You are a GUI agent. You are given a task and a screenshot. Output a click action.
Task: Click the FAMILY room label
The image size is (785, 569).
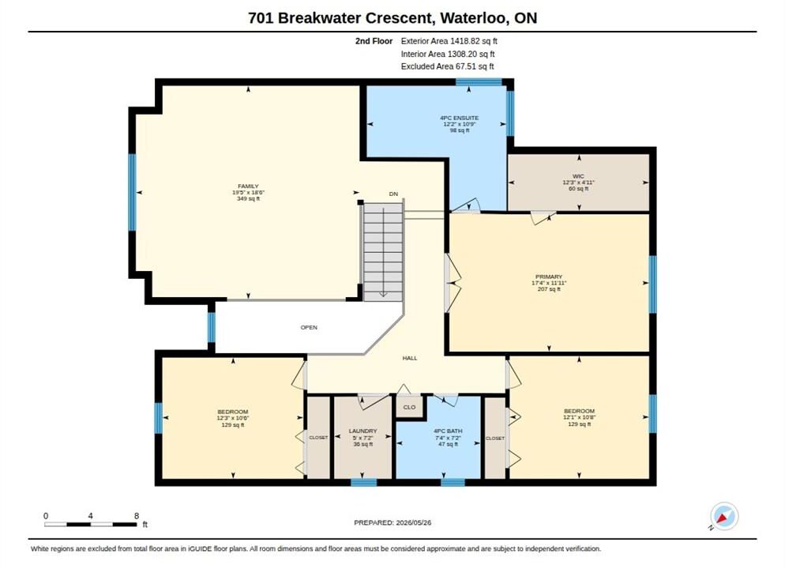point(248,187)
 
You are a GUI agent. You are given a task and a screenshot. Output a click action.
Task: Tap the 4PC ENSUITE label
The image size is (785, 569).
point(459,119)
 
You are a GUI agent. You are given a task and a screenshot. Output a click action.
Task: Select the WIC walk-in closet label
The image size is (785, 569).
point(578,176)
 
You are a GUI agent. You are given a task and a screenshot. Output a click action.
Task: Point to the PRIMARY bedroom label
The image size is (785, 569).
point(549,277)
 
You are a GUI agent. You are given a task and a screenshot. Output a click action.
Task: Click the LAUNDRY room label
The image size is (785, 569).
point(363,431)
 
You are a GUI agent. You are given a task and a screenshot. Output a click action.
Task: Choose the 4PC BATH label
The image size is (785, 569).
point(448,431)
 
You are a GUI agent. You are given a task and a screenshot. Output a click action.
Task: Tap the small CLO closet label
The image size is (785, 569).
point(410,407)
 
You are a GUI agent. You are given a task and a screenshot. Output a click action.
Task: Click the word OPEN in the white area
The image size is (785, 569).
point(309,328)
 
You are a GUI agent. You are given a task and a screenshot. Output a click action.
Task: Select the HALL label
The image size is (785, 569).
point(410,358)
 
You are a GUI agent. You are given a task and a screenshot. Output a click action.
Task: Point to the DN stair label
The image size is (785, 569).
point(393,194)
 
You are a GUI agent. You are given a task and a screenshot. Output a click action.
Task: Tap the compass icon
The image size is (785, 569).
point(724,516)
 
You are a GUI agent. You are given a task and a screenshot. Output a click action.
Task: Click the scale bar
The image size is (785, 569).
point(91,525)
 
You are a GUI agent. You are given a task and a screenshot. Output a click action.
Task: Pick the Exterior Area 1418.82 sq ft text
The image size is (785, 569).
point(449,41)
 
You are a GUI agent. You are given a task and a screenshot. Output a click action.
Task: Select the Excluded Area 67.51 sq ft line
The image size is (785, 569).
point(448,66)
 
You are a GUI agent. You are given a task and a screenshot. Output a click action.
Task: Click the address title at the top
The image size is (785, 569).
point(392,18)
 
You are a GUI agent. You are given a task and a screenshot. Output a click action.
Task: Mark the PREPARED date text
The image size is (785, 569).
point(392,522)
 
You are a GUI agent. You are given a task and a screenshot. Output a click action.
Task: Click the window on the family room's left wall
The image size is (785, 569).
point(132,192)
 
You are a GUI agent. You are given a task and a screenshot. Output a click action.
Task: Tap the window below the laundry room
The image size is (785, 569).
point(363,482)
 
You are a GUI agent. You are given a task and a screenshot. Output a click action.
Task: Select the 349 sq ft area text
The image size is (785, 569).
point(248,199)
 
